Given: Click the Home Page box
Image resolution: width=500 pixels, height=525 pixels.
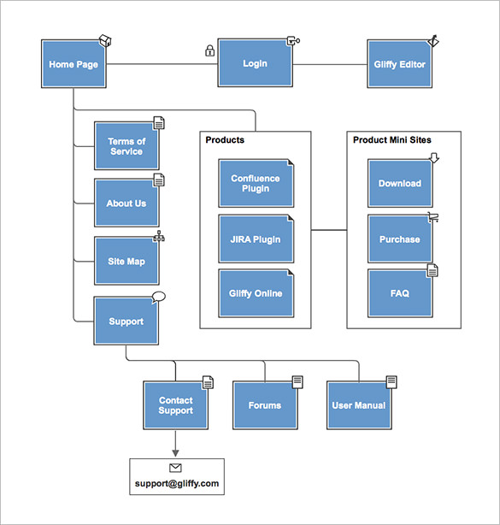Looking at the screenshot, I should click(x=74, y=64).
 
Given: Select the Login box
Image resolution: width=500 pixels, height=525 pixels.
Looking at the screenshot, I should click(x=255, y=63).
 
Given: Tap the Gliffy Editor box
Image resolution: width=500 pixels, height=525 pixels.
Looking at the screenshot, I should click(x=399, y=64).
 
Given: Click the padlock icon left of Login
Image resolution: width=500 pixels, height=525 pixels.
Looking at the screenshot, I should click(x=209, y=50).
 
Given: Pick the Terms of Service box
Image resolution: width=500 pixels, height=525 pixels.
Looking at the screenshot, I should click(x=126, y=146).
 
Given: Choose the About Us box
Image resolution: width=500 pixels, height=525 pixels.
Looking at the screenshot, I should click(x=126, y=204).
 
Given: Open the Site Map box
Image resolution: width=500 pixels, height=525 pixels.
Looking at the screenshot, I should click(x=126, y=261).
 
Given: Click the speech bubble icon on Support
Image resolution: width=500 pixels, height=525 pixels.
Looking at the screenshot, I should click(x=158, y=297).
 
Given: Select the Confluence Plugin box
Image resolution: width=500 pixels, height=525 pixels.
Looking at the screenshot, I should click(x=255, y=184).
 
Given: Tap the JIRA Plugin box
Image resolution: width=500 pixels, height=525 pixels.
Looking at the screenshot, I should click(x=255, y=239).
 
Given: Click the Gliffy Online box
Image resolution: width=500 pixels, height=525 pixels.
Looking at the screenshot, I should click(x=255, y=293).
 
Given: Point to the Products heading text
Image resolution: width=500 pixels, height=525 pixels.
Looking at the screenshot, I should click(x=225, y=140).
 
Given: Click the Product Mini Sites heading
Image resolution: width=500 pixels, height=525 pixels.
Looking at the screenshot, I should click(x=392, y=140).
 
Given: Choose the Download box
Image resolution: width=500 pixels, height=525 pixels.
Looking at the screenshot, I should click(x=400, y=184).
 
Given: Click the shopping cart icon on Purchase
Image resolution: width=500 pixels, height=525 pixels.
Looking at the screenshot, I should click(x=433, y=216).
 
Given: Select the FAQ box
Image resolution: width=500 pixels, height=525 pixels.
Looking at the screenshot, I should click(x=400, y=293).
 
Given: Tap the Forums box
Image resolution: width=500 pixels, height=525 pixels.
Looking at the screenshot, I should click(x=265, y=405).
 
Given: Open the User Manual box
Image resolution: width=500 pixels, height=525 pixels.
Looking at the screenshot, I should click(x=358, y=405).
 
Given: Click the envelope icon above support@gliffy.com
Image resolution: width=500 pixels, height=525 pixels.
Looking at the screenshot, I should click(x=176, y=469).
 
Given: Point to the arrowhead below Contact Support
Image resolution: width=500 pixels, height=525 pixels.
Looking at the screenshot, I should click(x=176, y=451).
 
